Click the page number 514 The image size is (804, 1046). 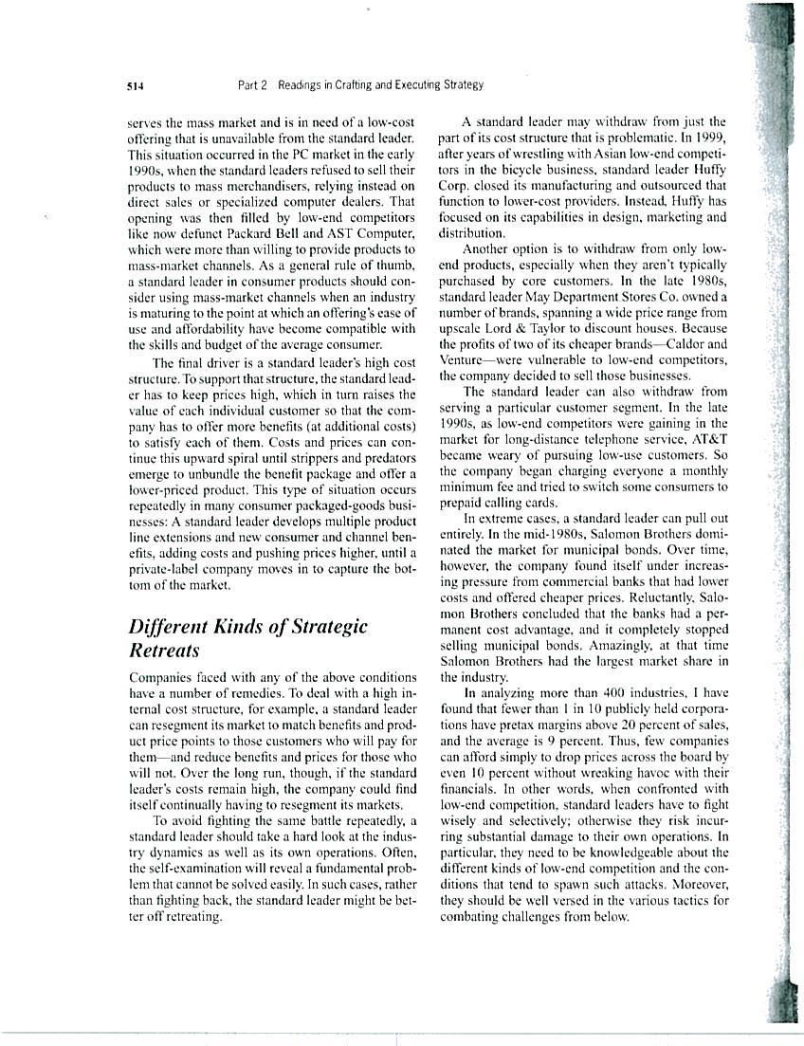134,85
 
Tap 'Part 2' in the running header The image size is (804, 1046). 251,84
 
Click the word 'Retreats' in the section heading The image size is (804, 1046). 164,651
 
